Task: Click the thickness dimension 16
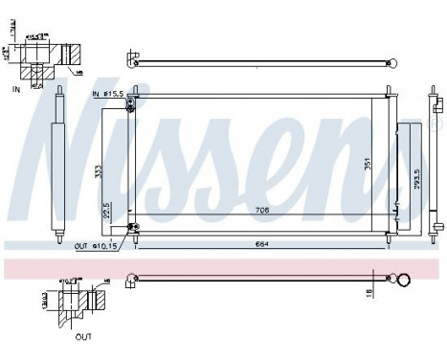(x=369, y=291)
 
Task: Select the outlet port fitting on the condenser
(x=132, y=228)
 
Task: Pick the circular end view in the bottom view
(x=405, y=281)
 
